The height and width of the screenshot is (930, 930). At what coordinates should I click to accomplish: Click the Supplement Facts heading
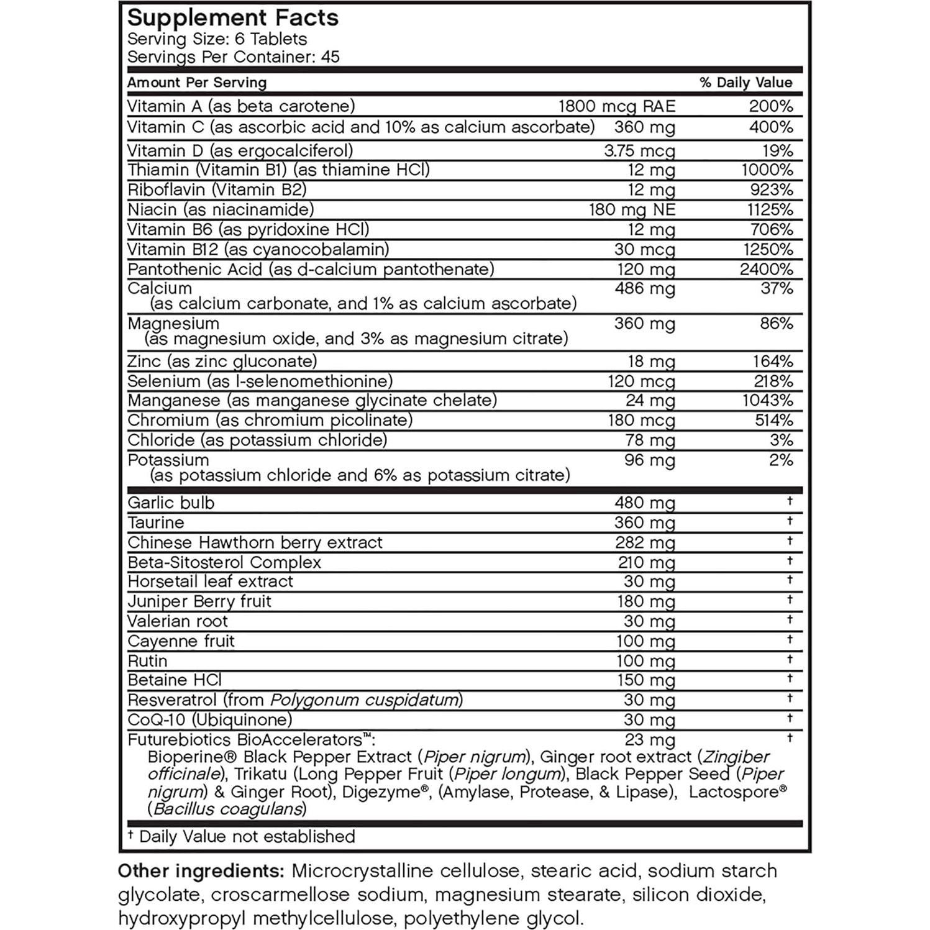pos(233,17)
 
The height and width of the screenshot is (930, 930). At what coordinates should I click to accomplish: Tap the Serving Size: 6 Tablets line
pos(217,39)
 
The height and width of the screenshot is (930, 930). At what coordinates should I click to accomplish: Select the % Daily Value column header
pos(745,83)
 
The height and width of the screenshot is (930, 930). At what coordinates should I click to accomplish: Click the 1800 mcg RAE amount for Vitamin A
pos(616,106)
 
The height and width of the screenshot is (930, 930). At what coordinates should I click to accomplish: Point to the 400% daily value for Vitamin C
pos(771,127)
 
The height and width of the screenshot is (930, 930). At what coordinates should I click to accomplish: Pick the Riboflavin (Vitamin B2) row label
pos(217,189)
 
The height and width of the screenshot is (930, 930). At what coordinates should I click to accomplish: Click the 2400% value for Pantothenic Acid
pos(766,269)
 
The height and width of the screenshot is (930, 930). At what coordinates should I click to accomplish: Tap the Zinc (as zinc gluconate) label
pos(222,361)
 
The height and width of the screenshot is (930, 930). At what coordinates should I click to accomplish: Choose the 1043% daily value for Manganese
pos(767,400)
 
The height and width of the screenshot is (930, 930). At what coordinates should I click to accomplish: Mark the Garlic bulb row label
pos(171,503)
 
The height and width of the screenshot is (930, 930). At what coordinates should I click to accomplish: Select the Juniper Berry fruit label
pos(199,601)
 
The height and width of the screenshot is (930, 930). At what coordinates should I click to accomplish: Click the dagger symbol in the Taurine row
pos(790,521)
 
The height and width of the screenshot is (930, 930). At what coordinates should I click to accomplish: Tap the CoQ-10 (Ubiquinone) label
pos(209,720)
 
